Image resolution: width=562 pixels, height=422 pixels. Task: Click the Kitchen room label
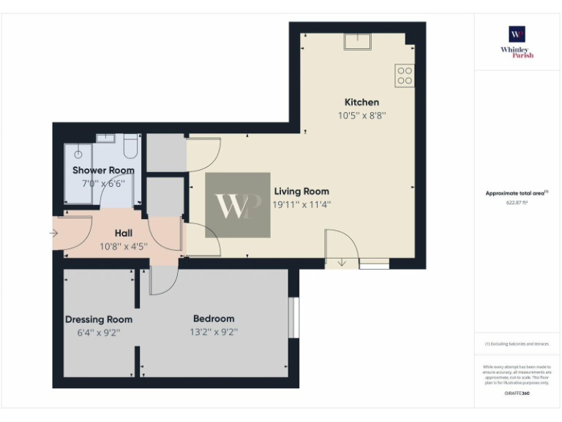tap(361, 102)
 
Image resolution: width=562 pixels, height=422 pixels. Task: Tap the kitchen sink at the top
tap(357, 41)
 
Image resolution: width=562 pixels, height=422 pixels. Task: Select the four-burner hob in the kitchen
tap(405, 75)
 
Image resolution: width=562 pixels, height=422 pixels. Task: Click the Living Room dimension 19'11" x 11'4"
tap(301, 205)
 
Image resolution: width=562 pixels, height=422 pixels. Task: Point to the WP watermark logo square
tap(237, 205)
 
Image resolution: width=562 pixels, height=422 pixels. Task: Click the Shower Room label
tap(103, 170)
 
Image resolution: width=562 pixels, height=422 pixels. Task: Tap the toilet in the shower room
tap(131, 148)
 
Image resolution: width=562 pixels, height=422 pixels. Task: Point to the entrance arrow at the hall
tap(53, 234)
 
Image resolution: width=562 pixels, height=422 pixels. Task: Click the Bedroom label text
tap(214, 319)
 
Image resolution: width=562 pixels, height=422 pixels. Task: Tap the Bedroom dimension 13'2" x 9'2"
tap(214, 332)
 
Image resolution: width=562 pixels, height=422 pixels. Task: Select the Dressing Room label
tap(99, 319)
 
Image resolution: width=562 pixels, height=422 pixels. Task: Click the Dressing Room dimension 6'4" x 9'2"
tap(99, 332)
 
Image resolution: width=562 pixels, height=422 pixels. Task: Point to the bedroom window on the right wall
tap(293, 317)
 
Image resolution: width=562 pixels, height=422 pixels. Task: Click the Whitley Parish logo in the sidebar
tap(517, 42)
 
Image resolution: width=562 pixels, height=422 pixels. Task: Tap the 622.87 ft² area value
tap(517, 203)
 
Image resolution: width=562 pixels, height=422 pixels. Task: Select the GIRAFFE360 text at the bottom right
tap(517, 393)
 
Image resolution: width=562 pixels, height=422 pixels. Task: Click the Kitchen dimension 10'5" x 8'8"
tap(361, 115)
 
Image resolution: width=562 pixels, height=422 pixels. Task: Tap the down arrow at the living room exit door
tap(342, 262)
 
